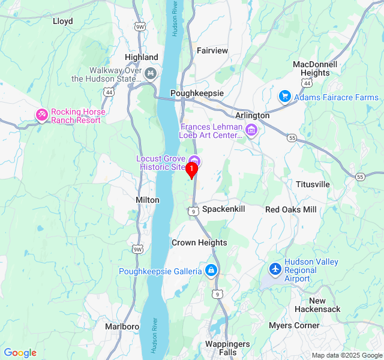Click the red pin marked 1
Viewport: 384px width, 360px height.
coord(191,170)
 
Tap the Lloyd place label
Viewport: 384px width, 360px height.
coord(63,21)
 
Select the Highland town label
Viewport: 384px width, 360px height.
coord(142,57)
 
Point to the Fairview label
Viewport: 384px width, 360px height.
coord(212,50)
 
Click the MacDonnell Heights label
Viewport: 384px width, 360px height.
coord(315,68)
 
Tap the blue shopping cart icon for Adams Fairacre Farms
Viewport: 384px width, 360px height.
coord(284,97)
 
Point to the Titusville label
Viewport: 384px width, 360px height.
coord(313,184)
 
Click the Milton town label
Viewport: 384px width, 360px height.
coord(148,200)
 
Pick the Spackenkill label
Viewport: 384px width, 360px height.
coord(224,209)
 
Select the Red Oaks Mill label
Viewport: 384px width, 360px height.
coord(291,209)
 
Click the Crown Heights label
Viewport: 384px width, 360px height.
coord(199,242)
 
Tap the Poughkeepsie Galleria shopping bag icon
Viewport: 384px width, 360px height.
coord(211,271)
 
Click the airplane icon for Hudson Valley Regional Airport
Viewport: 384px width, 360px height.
coord(275,270)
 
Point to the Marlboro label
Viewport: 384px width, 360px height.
coord(122,326)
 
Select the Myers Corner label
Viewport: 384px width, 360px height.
coord(294,325)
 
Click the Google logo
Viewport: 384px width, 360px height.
coord(20,353)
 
